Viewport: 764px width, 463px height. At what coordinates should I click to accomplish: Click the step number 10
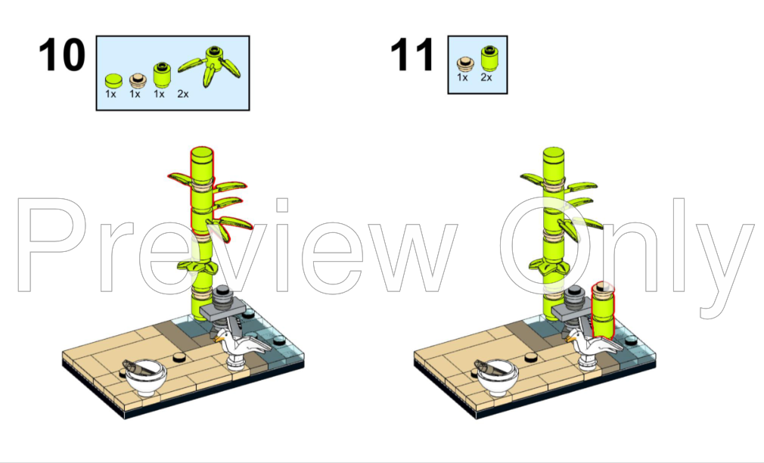click(x=61, y=55)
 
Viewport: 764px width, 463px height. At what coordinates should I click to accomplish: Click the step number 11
click(x=412, y=55)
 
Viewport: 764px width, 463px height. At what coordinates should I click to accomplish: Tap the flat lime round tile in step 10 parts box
click(x=113, y=80)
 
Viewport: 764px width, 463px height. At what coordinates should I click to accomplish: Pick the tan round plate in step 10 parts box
click(x=138, y=80)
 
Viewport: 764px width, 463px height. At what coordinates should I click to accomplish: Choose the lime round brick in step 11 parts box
click(x=489, y=58)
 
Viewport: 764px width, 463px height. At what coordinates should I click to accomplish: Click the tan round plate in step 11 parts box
click(x=465, y=64)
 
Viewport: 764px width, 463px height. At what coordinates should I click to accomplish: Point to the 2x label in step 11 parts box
click(x=486, y=77)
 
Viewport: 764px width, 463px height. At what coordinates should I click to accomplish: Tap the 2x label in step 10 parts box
click(x=183, y=94)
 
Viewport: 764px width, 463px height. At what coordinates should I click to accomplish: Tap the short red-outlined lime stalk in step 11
click(x=603, y=310)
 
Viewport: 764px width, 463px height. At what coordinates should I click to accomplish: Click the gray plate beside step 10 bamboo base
click(x=223, y=309)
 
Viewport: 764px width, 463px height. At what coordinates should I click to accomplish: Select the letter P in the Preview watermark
click(x=51, y=244)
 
